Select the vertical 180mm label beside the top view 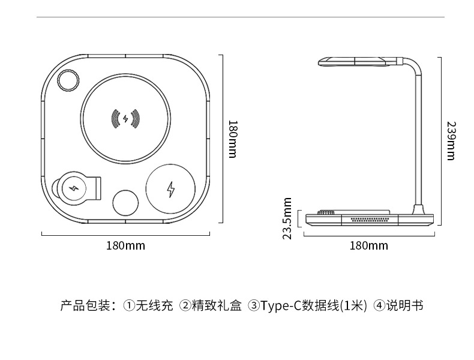coord(233,139)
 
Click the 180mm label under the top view coord(125,245)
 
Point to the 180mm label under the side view coord(368,245)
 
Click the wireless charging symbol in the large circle coord(125,119)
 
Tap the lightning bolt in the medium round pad coord(171,190)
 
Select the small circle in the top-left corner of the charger coord(68,82)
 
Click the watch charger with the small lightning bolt coord(76,188)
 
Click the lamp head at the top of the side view coord(354,62)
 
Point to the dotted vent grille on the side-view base coord(370,220)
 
